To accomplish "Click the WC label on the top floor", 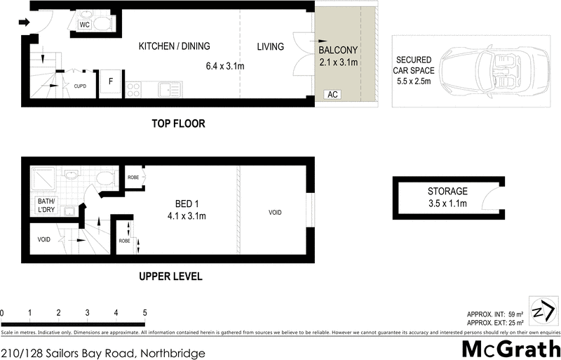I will [x=84, y=25].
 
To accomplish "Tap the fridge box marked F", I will [x=111, y=81].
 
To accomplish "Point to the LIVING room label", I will [x=270, y=47].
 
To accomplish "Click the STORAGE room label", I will [x=447, y=192].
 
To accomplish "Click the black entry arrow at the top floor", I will [x=24, y=22].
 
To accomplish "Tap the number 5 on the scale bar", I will [x=144, y=312].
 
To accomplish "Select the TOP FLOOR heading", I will [x=179, y=124].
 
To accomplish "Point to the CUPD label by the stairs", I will [x=80, y=86].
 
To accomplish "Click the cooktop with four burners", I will [x=133, y=89].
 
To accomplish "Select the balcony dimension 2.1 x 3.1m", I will [x=339, y=62].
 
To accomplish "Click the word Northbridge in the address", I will [x=173, y=353].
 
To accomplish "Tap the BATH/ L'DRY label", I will [x=46, y=206].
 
